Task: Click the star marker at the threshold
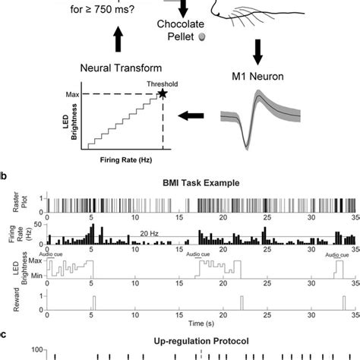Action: coord(162,93)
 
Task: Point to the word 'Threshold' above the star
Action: coord(159,83)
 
